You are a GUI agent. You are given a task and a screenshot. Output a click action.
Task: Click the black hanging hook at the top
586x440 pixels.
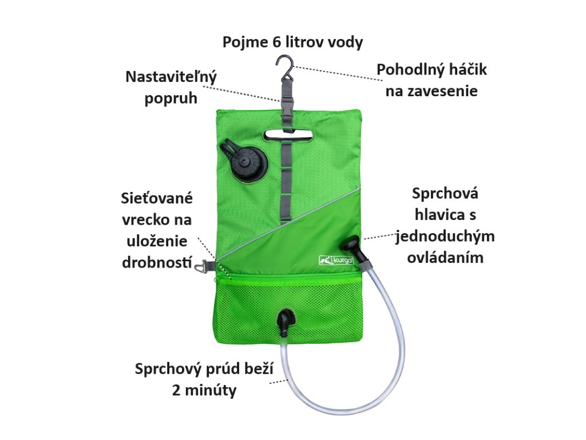pyautogui.click(x=284, y=66)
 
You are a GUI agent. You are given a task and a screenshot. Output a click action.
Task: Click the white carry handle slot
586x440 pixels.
pyautogui.click(x=286, y=135)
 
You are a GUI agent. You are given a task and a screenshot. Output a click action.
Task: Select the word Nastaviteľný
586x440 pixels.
pyautogui.click(x=171, y=77)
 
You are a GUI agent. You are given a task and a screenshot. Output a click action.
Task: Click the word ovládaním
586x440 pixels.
pyautogui.click(x=445, y=257)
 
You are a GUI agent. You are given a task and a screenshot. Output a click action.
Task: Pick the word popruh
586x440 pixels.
pyautogui.click(x=171, y=98)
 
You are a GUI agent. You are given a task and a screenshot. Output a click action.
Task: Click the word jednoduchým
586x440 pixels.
pyautogui.click(x=445, y=236)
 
